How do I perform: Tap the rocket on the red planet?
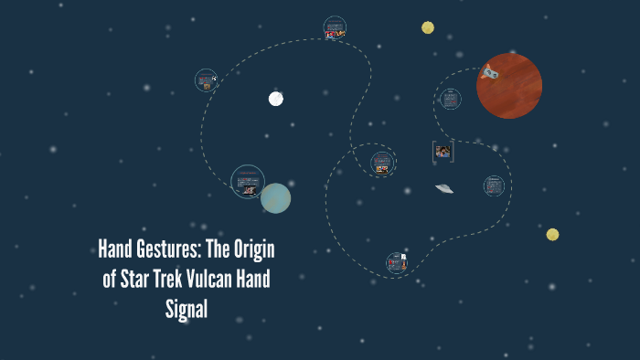(x=490, y=70)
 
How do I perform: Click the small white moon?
(x=276, y=99)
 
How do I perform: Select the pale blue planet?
(x=275, y=197)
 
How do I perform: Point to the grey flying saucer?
(x=444, y=188)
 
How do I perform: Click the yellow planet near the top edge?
(x=428, y=27)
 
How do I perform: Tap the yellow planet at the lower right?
(x=552, y=235)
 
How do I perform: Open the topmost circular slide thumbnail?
(x=335, y=28)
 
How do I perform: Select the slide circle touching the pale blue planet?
(x=247, y=181)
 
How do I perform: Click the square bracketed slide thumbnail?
(x=443, y=152)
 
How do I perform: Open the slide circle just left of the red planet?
(x=450, y=99)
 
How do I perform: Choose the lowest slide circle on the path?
(x=397, y=263)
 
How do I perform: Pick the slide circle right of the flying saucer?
(x=494, y=185)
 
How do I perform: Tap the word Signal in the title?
(x=187, y=309)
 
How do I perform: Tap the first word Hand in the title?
(x=116, y=249)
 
